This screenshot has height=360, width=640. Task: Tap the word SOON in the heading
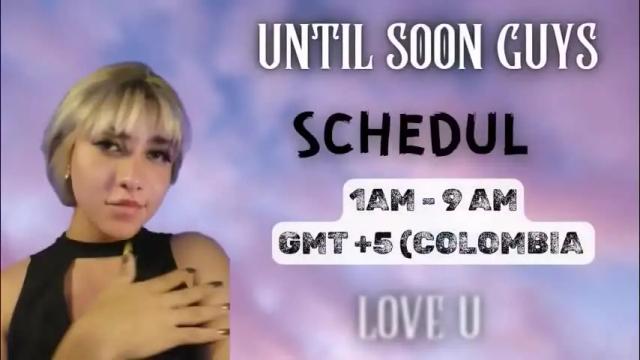click(x=416, y=44)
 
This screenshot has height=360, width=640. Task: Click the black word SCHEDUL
click(x=410, y=136)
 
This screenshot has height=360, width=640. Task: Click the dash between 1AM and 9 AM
click(x=432, y=204)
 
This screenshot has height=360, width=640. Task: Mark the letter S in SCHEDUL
click(x=311, y=136)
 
